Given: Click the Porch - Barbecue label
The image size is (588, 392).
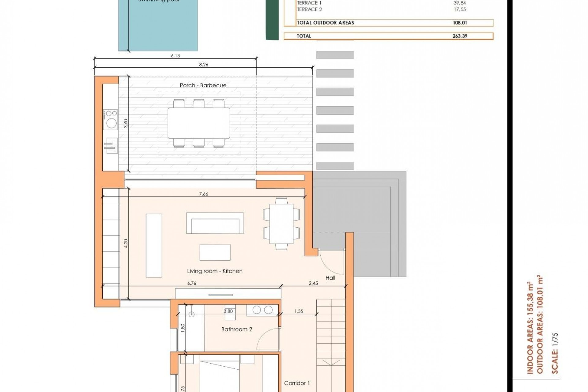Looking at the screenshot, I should (203, 85).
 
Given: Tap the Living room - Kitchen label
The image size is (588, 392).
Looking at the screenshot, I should (215, 271).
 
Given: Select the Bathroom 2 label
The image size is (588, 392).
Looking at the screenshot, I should (236, 329).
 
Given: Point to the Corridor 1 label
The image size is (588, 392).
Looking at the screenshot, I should (297, 383).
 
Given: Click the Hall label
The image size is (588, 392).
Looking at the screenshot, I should (330, 278).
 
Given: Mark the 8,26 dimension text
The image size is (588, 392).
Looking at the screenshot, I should (203, 65).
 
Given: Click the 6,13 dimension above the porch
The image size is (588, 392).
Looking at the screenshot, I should (175, 56).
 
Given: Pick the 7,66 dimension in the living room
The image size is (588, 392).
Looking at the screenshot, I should (203, 194).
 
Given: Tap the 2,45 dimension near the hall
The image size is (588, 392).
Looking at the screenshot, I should (313, 283).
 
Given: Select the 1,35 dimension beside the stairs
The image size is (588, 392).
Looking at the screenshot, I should (298, 311).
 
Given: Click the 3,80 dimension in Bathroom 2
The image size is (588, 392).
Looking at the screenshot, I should (228, 311).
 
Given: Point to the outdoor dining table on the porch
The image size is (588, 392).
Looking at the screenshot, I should (199, 123).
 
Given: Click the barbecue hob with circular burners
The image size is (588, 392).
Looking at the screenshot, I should (111, 119).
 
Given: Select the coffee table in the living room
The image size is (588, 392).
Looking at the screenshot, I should (215, 252).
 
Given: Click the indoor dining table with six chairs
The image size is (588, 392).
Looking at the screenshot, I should (281, 224).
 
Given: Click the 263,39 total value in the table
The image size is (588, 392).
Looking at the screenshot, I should (460, 36).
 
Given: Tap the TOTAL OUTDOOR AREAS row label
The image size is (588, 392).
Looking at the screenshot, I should (325, 23).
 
